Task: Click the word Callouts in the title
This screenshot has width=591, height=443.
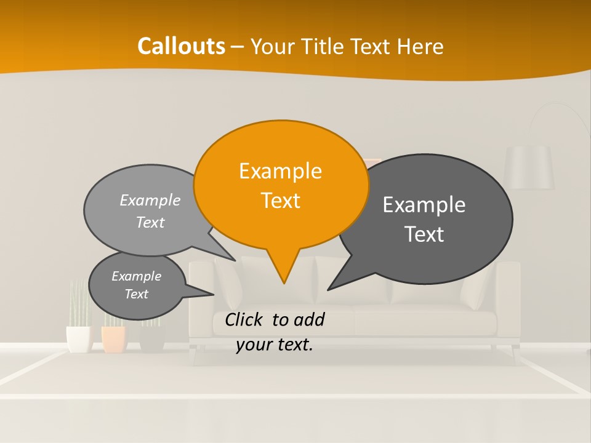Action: pyautogui.click(x=182, y=46)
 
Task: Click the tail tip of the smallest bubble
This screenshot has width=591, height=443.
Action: pyautogui.click(x=213, y=294)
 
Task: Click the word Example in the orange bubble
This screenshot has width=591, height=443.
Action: pyautogui.click(x=280, y=171)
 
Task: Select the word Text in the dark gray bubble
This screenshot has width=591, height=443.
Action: pyautogui.click(x=424, y=234)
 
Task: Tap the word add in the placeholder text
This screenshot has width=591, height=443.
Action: pyautogui.click(x=308, y=319)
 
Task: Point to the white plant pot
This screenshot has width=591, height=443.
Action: pyautogui.click(x=78, y=339)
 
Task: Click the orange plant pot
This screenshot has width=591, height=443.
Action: pyautogui.click(x=114, y=340)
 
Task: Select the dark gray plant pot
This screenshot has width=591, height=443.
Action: pyautogui.click(x=152, y=339)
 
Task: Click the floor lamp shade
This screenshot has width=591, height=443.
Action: pyautogui.click(x=528, y=167)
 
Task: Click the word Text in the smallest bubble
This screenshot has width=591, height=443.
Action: pyautogui.click(x=137, y=294)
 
